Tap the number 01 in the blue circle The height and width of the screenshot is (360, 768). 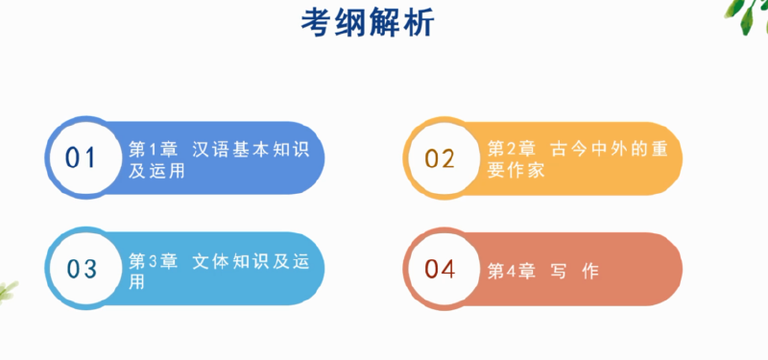click(82, 157)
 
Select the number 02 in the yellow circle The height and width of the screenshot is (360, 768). click(440, 157)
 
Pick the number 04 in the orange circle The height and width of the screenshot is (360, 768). click(440, 270)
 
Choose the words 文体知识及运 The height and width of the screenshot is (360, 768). click(252, 261)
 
